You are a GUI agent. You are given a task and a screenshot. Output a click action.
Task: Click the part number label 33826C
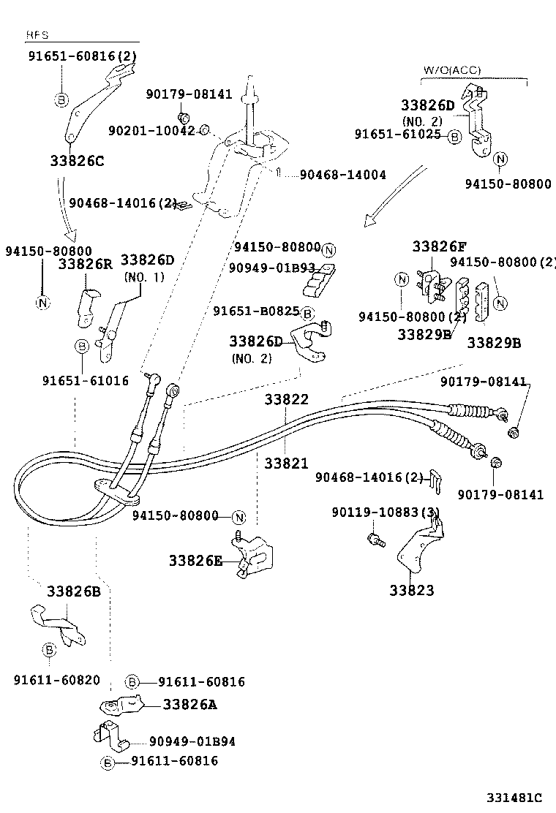(x=77, y=161)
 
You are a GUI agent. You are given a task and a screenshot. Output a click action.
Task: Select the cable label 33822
(x=286, y=399)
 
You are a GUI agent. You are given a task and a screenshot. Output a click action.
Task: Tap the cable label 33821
(x=286, y=464)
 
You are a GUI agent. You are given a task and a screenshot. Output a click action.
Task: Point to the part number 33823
(x=411, y=590)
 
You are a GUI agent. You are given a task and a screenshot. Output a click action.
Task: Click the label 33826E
(x=195, y=561)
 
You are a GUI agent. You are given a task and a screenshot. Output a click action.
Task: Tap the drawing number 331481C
(x=516, y=797)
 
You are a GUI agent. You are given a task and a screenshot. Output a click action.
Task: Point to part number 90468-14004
(x=342, y=175)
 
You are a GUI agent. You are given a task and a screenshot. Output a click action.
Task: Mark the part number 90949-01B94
(x=192, y=741)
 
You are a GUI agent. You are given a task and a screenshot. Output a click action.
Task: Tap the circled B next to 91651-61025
(x=454, y=137)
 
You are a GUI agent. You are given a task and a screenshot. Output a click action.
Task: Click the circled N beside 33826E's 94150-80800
(x=238, y=517)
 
